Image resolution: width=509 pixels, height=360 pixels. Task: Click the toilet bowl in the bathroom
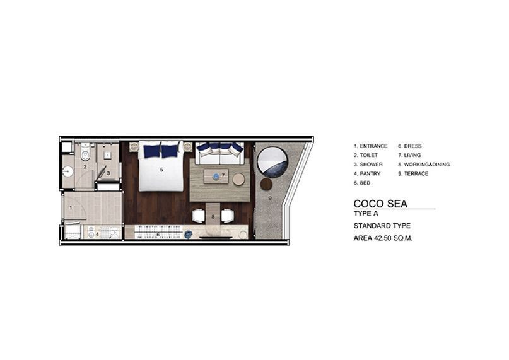coord(85,155)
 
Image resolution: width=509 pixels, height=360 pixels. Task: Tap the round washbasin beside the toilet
coord(68,171)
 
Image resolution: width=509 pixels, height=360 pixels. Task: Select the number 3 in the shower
coord(108,173)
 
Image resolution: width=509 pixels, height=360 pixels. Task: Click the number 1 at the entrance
coord(71,207)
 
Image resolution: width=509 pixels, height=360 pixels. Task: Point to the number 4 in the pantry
coord(97,234)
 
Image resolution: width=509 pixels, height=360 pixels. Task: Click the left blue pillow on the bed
coord(152,151)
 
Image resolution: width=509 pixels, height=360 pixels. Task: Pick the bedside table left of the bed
coord(134,147)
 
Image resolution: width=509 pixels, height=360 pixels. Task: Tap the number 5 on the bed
coord(161,170)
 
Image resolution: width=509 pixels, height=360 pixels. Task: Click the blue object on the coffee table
coord(216,177)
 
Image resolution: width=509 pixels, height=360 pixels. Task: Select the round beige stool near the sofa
coord(239,179)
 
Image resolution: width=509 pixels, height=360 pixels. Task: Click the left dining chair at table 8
coord(199,216)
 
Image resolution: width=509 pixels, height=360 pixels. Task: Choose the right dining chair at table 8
coord(228,216)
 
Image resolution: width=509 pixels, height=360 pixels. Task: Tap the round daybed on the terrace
coord(272,162)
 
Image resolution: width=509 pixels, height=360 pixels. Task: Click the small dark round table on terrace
coord(266,184)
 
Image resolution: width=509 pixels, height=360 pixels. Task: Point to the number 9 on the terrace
coord(270,199)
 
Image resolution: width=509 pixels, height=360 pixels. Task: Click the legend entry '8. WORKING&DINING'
coord(424,165)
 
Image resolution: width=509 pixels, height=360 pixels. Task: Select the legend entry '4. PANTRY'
coord(367,173)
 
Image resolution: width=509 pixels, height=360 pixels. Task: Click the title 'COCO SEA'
coord(380,204)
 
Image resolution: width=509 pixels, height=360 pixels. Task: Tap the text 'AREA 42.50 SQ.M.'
coord(383,238)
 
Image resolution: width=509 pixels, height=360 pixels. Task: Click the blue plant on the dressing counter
coord(188,234)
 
